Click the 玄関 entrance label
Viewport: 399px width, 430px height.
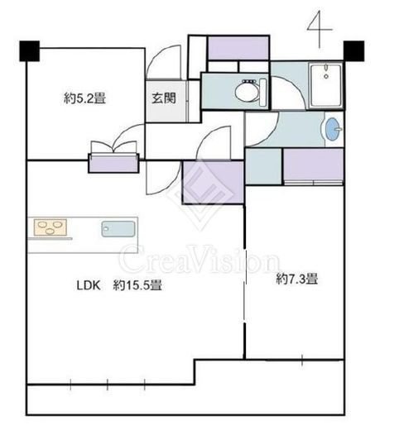click(164, 98)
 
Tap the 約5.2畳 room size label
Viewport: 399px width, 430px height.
click(84, 98)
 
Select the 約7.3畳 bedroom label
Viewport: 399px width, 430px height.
click(297, 279)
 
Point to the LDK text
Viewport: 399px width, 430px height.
click(89, 285)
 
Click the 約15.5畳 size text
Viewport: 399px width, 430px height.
click(137, 285)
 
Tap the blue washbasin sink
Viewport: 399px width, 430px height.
click(333, 129)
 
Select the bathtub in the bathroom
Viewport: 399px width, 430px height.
click(325, 85)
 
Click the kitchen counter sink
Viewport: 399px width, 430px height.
click(118, 229)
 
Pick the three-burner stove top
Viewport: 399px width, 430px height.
click(50, 227)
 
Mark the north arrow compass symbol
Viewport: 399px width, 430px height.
click(320, 29)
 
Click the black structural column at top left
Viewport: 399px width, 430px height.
click(30, 51)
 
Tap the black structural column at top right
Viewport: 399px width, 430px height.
click(353, 51)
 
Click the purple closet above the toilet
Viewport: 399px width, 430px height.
click(238, 48)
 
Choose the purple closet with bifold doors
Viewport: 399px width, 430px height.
click(113, 163)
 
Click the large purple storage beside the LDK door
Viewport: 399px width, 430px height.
click(214, 182)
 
